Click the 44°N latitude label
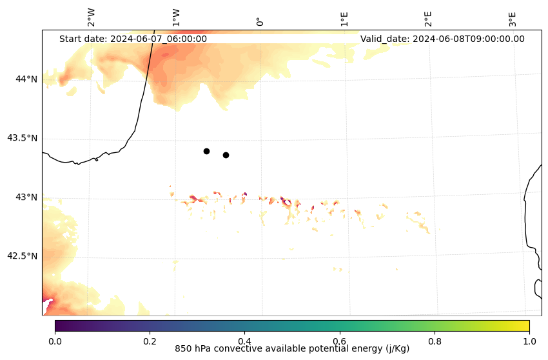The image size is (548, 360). [x=26, y=79]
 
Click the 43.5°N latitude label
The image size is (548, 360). [x=22, y=138]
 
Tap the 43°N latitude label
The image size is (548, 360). [x=26, y=197]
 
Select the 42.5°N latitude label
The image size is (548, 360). [x=22, y=255]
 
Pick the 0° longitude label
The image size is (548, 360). [x=260, y=21]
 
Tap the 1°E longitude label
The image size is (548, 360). [x=344, y=18]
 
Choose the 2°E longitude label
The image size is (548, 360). [x=428, y=18]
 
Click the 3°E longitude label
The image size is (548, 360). [x=513, y=18]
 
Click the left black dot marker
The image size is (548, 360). [x=206, y=151]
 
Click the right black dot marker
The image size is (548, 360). [x=226, y=155]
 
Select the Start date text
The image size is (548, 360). [x=133, y=39]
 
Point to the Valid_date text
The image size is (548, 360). [x=442, y=39]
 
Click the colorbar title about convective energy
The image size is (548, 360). [x=292, y=349]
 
